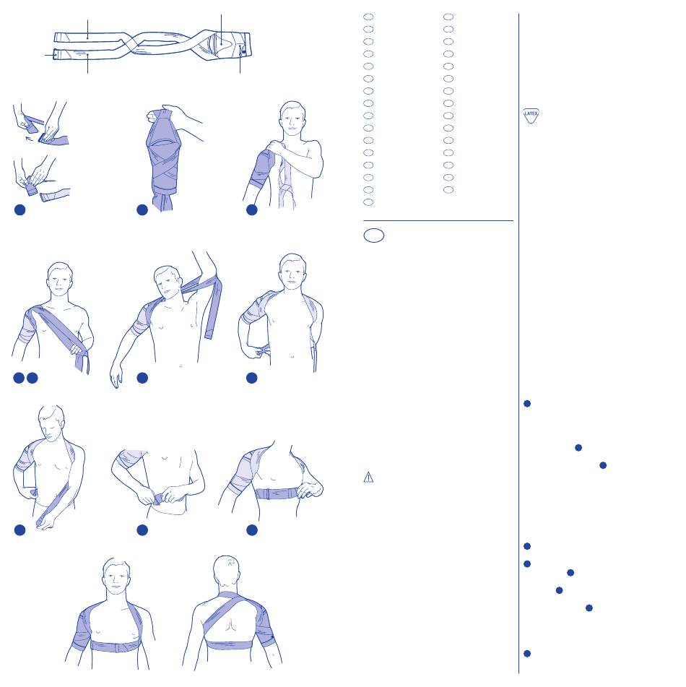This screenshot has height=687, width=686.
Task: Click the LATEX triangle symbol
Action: (x=531, y=116)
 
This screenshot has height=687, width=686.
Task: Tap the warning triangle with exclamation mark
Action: (x=368, y=477)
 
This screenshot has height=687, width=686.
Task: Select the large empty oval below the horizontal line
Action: (x=373, y=236)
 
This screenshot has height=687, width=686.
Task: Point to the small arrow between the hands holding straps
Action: (x=29, y=139)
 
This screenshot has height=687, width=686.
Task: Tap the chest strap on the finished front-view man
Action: (x=116, y=646)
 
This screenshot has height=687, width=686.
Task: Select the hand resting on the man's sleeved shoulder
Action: (x=276, y=147)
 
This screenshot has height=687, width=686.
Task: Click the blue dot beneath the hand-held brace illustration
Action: (x=142, y=210)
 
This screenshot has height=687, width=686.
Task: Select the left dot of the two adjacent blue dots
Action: (x=19, y=378)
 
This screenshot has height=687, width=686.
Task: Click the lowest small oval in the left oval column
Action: (x=368, y=202)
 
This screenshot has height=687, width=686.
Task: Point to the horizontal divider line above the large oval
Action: (x=438, y=220)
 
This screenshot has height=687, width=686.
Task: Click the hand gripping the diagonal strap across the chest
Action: (x=77, y=349)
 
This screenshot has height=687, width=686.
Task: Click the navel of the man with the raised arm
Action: (x=181, y=365)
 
